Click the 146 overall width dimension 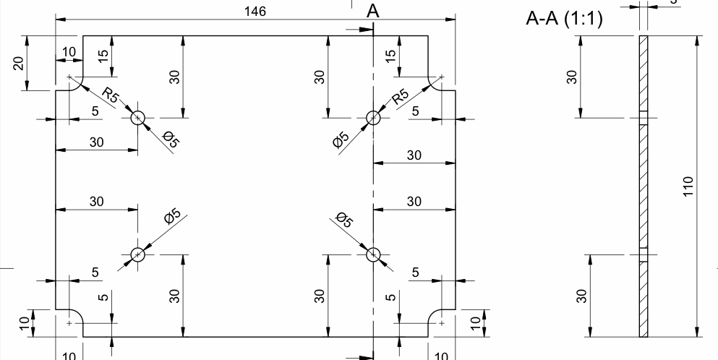[256, 12]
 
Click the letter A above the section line [373, 11]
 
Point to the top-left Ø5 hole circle [138, 118]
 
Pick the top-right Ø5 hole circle [373, 118]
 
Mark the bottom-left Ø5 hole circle [138, 254]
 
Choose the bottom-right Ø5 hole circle [373, 254]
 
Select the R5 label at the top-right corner [400, 96]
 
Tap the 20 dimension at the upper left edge [20, 63]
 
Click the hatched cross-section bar [643, 186]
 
